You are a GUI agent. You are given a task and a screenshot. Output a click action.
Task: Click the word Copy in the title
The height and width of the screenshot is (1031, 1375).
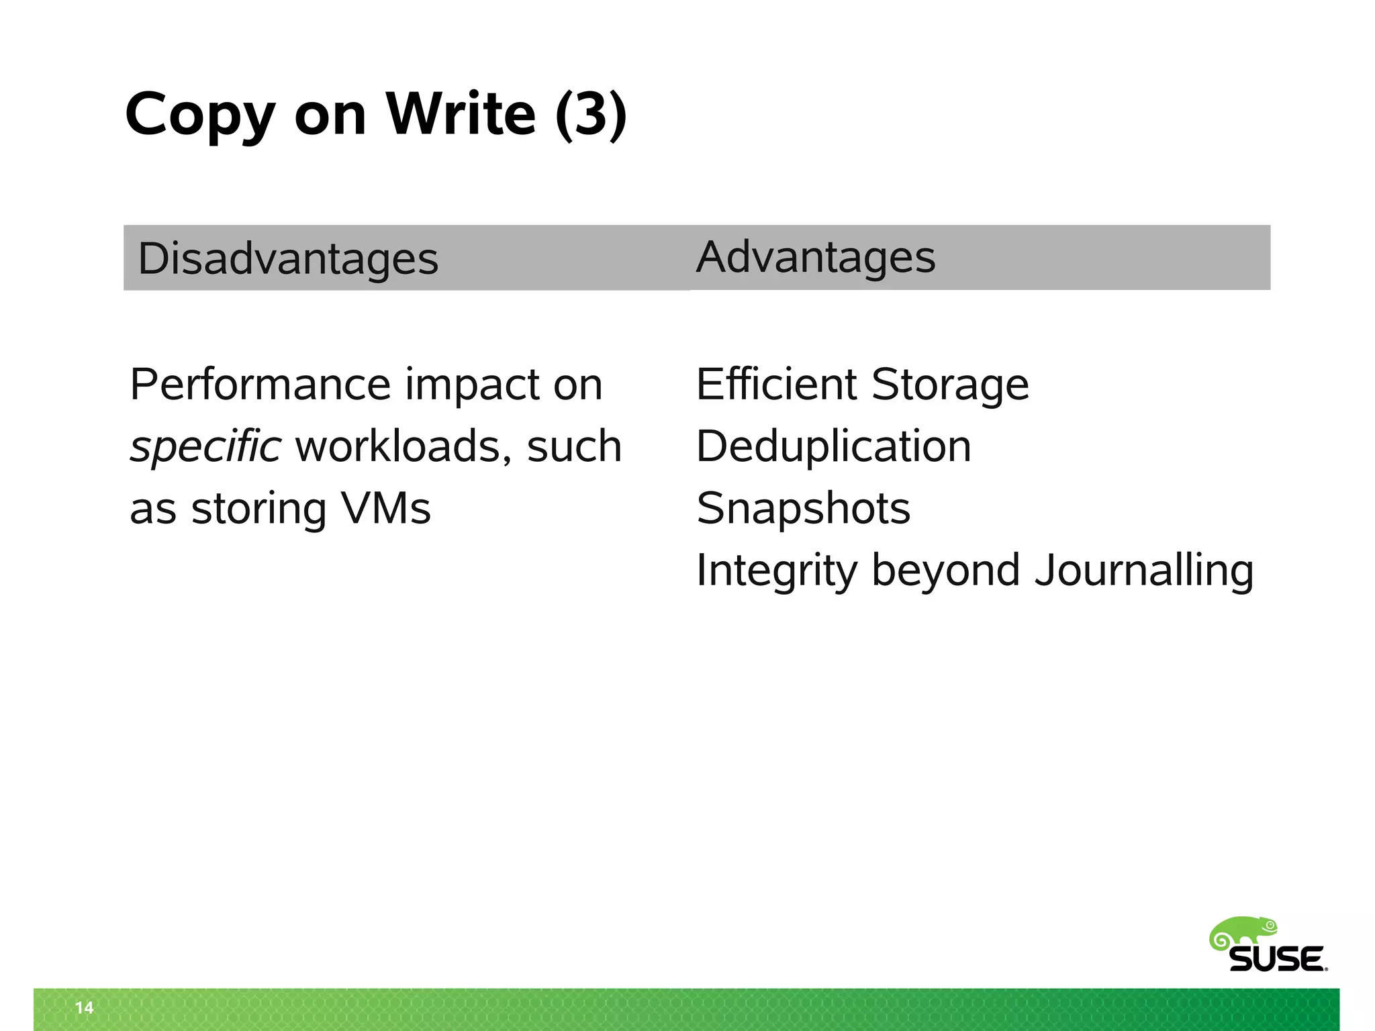[200, 115]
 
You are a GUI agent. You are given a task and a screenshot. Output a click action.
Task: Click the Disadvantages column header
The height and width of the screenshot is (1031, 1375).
[287, 259]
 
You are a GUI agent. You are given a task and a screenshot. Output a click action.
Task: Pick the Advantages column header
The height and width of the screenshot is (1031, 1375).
[815, 257]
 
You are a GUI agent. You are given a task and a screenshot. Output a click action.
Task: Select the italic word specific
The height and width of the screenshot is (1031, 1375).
[205, 446]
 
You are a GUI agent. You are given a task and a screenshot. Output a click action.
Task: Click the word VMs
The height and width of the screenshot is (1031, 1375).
[385, 508]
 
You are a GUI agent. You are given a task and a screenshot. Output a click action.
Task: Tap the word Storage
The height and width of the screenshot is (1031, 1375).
[949, 385]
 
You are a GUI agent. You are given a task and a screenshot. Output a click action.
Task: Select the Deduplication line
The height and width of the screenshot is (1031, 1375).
[833, 446]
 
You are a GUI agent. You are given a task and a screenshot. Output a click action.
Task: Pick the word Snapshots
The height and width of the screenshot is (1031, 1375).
[803, 508]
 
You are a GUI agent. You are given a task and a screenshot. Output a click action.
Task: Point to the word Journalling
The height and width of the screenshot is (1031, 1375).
[1143, 571]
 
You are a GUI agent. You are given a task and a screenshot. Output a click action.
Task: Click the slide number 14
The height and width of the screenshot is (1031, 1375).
[85, 1008]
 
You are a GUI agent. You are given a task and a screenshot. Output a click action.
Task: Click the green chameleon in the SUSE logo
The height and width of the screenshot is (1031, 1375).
[1243, 934]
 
